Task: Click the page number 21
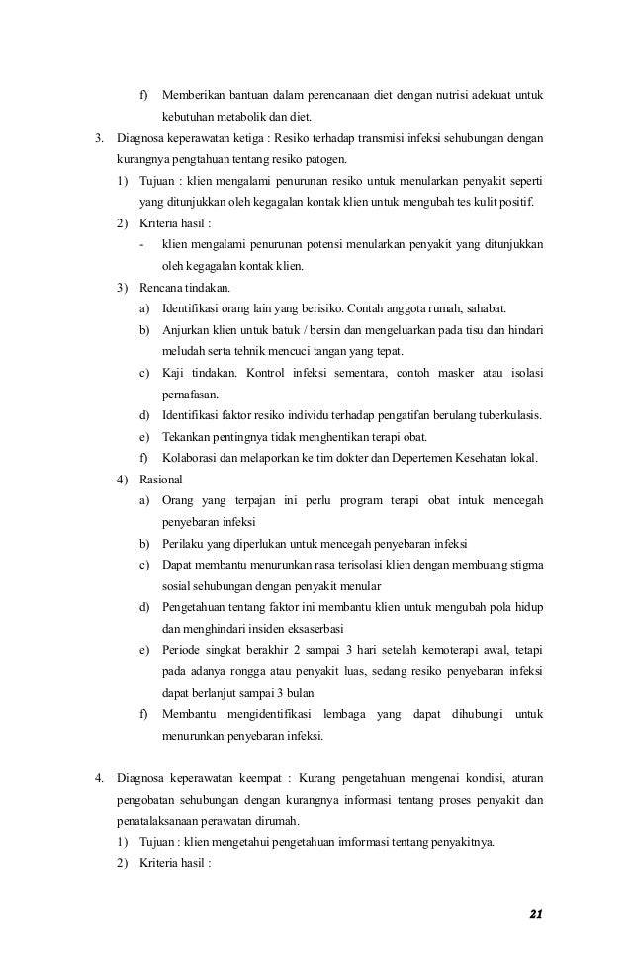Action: tap(536, 912)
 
